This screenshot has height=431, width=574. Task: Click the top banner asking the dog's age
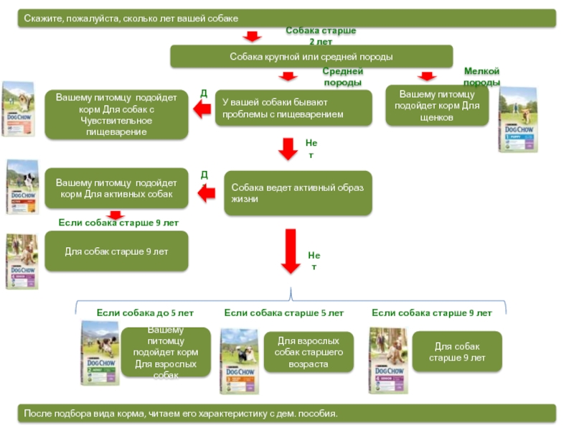(x=287, y=17)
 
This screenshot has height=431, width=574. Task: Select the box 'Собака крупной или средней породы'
(x=311, y=56)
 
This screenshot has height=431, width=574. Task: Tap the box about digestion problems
(x=293, y=108)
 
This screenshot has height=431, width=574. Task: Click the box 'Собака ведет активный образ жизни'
(x=298, y=193)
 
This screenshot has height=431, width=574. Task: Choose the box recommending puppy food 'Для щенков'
(x=437, y=106)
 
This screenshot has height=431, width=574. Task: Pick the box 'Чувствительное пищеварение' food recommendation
(x=116, y=115)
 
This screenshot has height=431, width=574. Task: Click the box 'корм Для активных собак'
(x=116, y=188)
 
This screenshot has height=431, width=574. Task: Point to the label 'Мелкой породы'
(x=481, y=76)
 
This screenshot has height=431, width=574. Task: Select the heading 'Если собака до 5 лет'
(x=145, y=313)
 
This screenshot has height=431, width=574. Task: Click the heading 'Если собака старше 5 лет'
(x=283, y=313)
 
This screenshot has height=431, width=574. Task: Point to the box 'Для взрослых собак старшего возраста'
(x=309, y=352)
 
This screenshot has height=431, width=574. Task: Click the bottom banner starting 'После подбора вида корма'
(x=287, y=414)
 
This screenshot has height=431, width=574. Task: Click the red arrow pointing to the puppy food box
(x=428, y=76)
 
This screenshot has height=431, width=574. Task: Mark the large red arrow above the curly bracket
(x=290, y=251)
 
